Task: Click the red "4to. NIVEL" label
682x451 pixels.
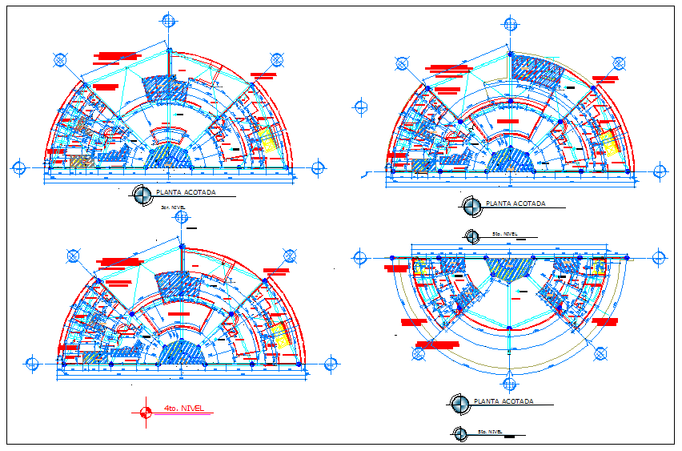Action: pyautogui.click(x=183, y=409)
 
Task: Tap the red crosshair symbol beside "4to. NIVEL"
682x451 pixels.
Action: pyautogui.click(x=145, y=413)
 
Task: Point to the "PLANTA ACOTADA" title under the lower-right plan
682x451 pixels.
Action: pyautogui.click(x=503, y=401)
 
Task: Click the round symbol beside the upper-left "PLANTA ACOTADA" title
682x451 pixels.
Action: pyautogui.click(x=142, y=194)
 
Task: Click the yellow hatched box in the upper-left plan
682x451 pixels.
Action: pyautogui.click(x=271, y=141)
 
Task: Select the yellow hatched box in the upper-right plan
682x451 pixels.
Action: pyautogui.click(x=612, y=143)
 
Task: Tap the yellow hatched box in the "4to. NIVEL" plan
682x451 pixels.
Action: pyautogui.click(x=279, y=336)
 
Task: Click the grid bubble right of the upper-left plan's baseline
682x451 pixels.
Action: pyautogui.click(x=318, y=167)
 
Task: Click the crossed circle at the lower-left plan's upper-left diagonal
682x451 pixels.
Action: pyautogui.click(x=73, y=256)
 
